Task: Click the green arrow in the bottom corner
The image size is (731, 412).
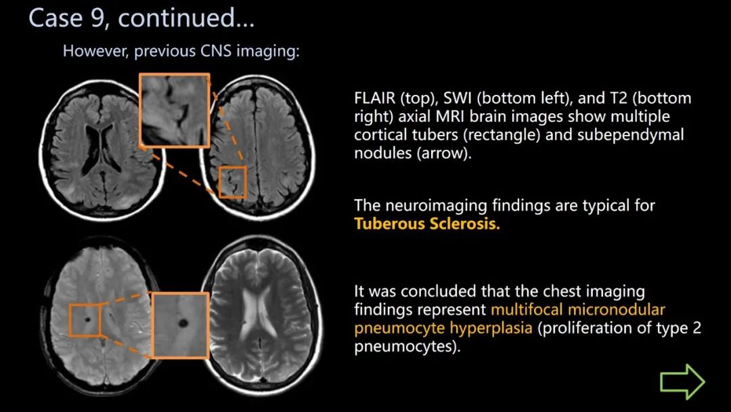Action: pos(682,382)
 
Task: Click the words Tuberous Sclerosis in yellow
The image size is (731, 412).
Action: pos(426,224)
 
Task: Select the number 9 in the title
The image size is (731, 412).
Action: pos(97,18)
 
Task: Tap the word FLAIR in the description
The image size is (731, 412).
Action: pos(374,98)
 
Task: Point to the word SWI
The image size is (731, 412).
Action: pos(458,98)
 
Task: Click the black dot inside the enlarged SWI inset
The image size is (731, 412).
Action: pos(183,323)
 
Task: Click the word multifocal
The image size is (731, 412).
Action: pos(527,310)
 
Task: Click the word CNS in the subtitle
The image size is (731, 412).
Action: pos(216,51)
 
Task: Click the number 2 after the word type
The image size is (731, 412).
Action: pos(697,327)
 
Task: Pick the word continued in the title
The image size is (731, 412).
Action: pos(185,18)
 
